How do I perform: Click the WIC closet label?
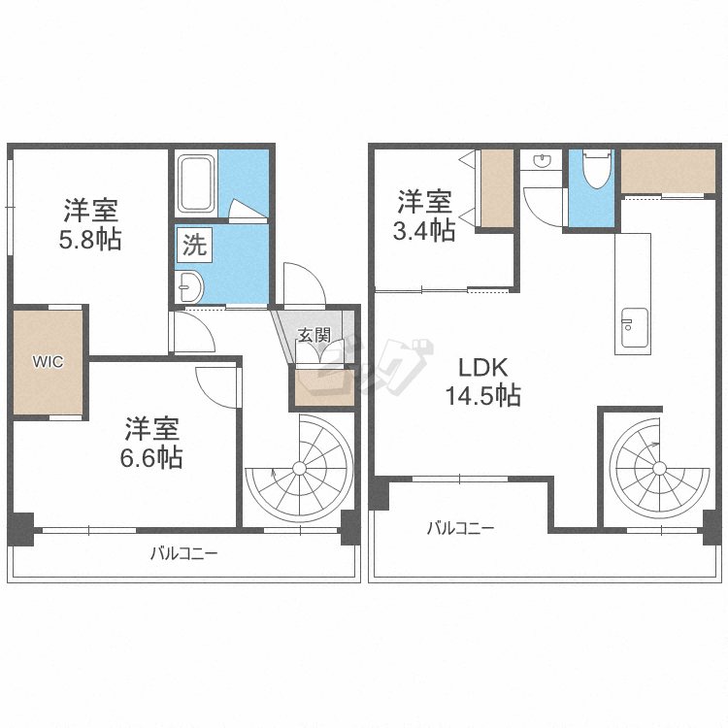point(48,362)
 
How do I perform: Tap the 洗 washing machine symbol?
point(194,245)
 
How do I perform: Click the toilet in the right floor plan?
point(596,169)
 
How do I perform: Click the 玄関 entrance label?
point(314,335)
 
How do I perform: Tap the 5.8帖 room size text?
point(90,240)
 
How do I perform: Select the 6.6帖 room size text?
point(151,457)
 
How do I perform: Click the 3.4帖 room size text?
point(424,230)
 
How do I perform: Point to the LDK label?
point(483,368)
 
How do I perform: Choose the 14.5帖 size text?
point(483,396)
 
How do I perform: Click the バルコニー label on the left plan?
point(183,553)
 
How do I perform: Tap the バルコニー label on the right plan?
point(460,528)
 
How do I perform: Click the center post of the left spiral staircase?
point(300,468)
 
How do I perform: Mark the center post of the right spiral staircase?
point(659,469)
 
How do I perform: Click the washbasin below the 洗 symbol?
point(189,286)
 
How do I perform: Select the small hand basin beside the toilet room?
point(542,160)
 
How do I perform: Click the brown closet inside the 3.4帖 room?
point(497,188)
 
